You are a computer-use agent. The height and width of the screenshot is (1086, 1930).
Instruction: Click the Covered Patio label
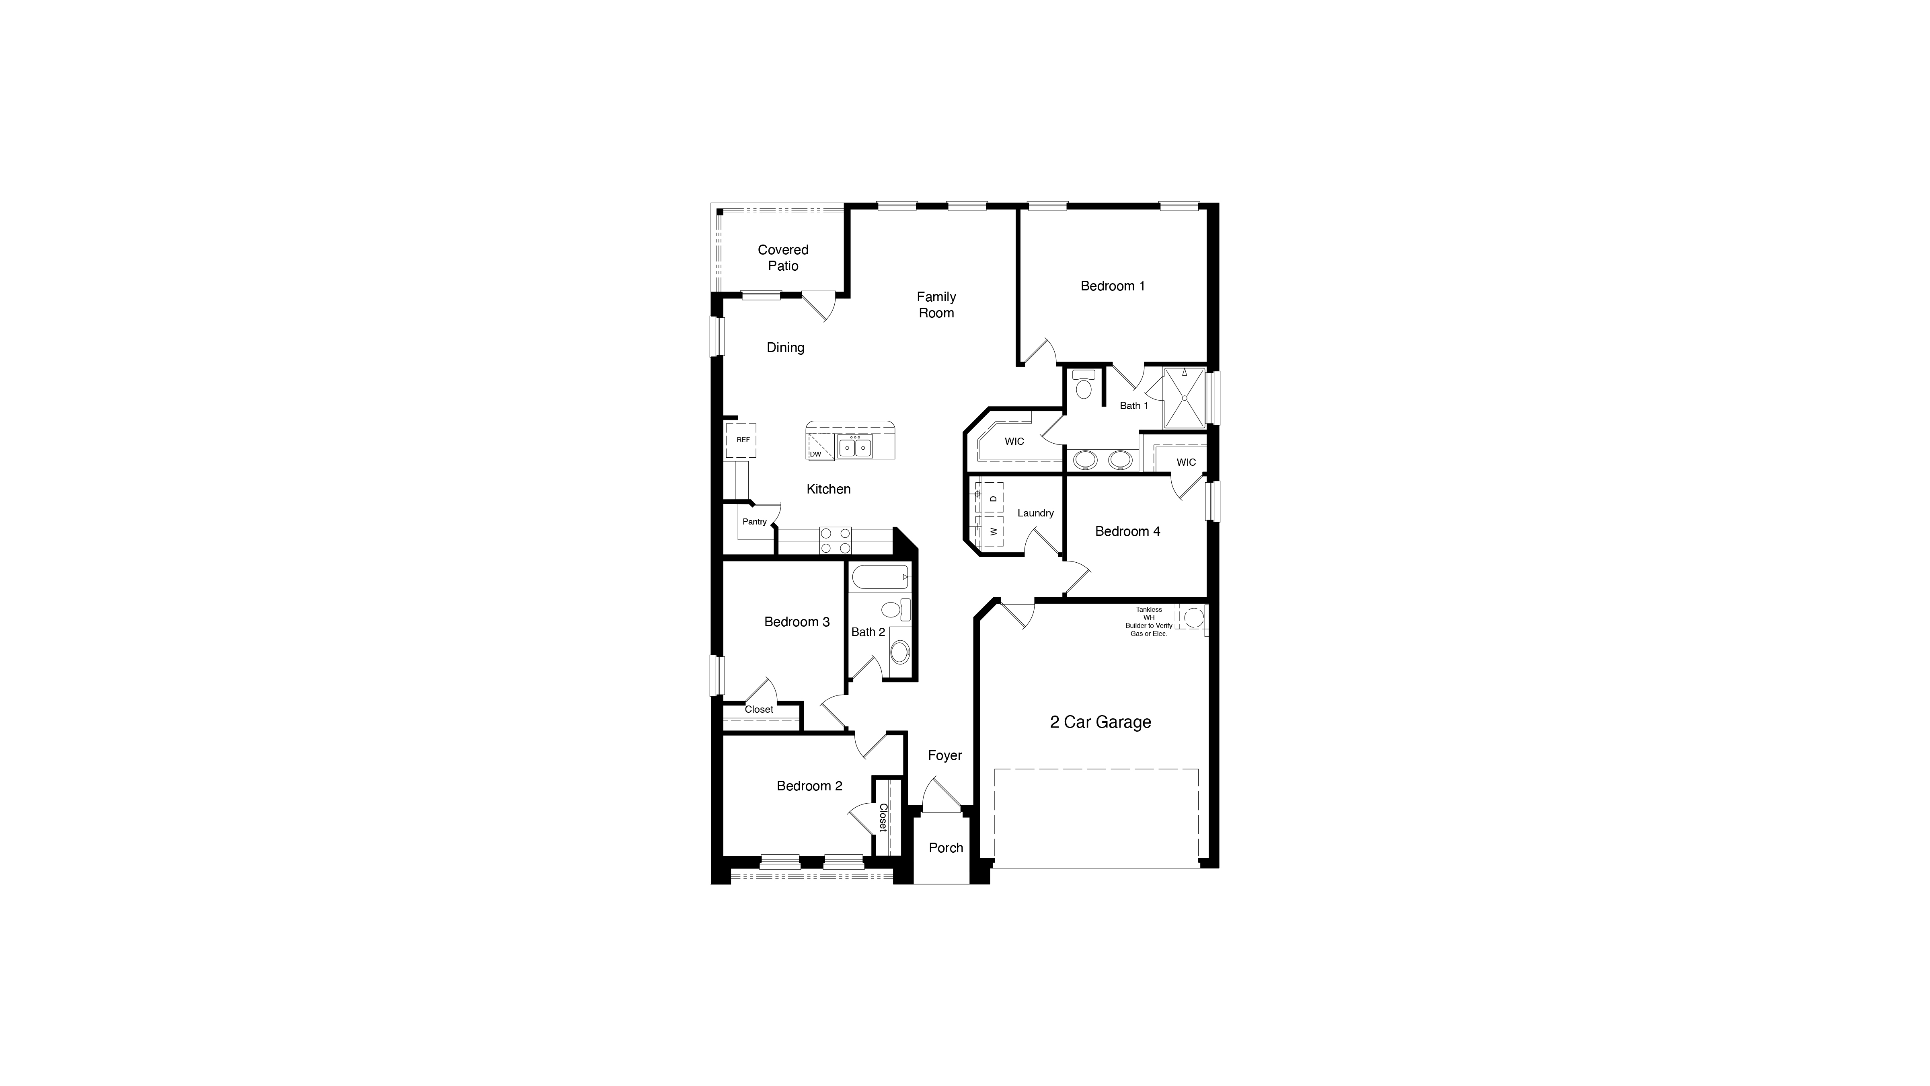(783, 258)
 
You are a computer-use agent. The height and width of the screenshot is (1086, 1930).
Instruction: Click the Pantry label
(754, 522)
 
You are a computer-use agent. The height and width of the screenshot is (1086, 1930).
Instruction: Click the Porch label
(946, 847)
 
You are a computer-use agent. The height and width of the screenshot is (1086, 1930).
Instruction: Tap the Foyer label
(945, 755)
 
